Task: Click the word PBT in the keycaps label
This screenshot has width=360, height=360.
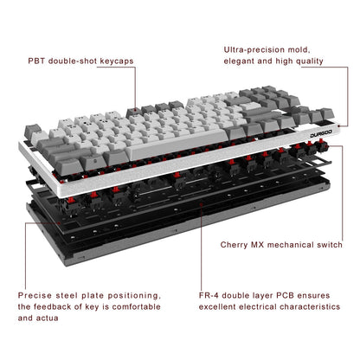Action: [x=37, y=62]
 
